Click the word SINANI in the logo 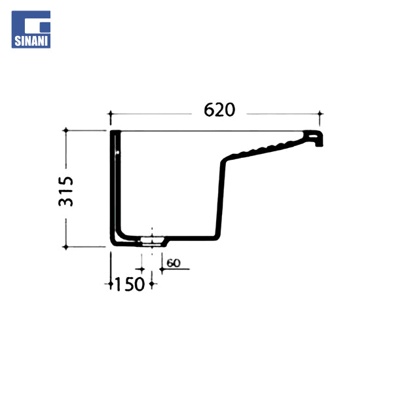pos(31,41)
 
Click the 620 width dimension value pos(219,110)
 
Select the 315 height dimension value pos(66,191)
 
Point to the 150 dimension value pos(129,284)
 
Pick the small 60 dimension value pos(174,263)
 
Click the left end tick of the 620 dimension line pos(111,114)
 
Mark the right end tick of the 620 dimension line pos(320,114)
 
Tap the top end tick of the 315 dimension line pos(66,130)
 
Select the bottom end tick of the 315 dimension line pos(65,247)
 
